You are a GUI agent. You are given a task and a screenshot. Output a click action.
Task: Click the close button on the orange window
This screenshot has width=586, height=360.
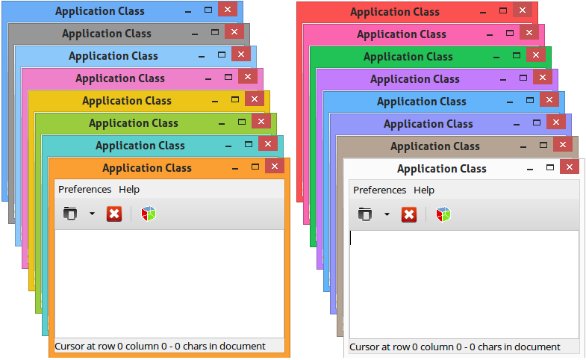[x=275, y=167]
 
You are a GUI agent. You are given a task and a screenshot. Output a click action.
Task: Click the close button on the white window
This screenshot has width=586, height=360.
[x=570, y=167]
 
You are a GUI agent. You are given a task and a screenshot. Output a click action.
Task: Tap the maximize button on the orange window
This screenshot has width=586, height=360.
[x=255, y=167]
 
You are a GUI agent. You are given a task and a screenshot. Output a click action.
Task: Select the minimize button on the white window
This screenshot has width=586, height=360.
[x=531, y=170]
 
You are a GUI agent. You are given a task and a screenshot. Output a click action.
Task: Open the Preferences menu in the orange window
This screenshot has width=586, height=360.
[x=84, y=190]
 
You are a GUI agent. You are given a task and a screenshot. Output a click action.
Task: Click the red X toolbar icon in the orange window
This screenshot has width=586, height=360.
[x=113, y=214]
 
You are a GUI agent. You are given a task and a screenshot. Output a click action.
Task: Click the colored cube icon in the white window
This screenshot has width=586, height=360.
[x=443, y=215]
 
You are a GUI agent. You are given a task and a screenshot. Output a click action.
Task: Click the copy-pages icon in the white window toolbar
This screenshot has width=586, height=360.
[x=364, y=215]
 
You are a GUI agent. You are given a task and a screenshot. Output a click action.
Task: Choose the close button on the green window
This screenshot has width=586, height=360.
[x=537, y=55]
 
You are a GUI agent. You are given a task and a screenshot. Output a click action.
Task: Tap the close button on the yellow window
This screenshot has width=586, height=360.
[x=255, y=99]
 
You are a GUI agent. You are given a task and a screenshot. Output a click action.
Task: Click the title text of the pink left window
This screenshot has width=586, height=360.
[x=120, y=78]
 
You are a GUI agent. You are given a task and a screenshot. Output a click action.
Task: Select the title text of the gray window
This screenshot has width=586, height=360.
[x=107, y=34]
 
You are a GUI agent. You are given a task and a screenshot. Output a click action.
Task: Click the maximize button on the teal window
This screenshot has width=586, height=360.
[x=249, y=144]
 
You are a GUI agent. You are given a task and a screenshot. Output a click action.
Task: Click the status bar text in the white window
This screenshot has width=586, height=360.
[x=455, y=347]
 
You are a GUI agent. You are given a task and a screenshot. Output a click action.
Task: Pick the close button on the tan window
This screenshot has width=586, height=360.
[x=563, y=145]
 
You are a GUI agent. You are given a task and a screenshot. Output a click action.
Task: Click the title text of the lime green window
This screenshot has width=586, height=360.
[x=134, y=123]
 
